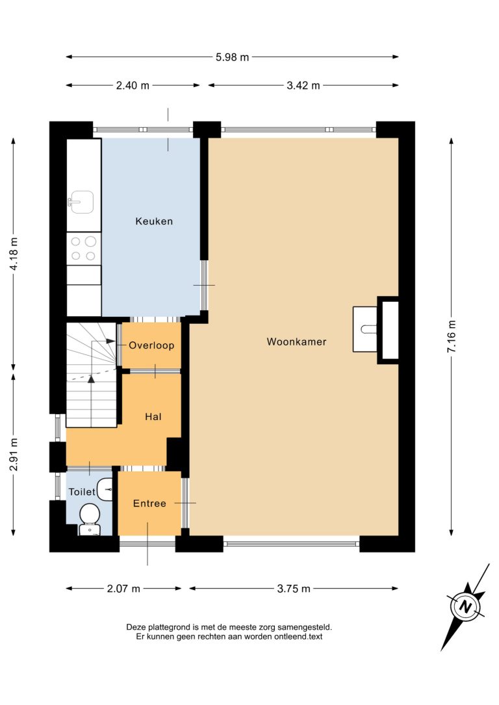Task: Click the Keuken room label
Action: [x=154, y=221]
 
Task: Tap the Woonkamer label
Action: [x=296, y=341]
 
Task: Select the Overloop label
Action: [x=151, y=345]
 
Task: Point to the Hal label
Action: [x=153, y=417]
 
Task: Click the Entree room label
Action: [x=149, y=504]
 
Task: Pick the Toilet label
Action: [x=82, y=492]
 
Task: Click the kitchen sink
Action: [x=81, y=203]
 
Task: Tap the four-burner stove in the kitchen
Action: [x=84, y=249]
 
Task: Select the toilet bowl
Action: [x=90, y=519]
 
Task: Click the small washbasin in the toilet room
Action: [x=105, y=489]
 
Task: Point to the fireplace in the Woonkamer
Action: [x=376, y=330]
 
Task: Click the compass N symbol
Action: [x=465, y=607]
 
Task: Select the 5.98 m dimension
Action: [x=232, y=57]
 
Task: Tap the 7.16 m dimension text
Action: [x=452, y=336]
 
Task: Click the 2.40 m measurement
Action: [x=133, y=86]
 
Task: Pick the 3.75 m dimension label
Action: [x=294, y=589]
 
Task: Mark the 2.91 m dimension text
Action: [x=14, y=454]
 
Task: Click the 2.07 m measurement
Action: [x=123, y=589]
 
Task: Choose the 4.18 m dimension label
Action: [x=14, y=254]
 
